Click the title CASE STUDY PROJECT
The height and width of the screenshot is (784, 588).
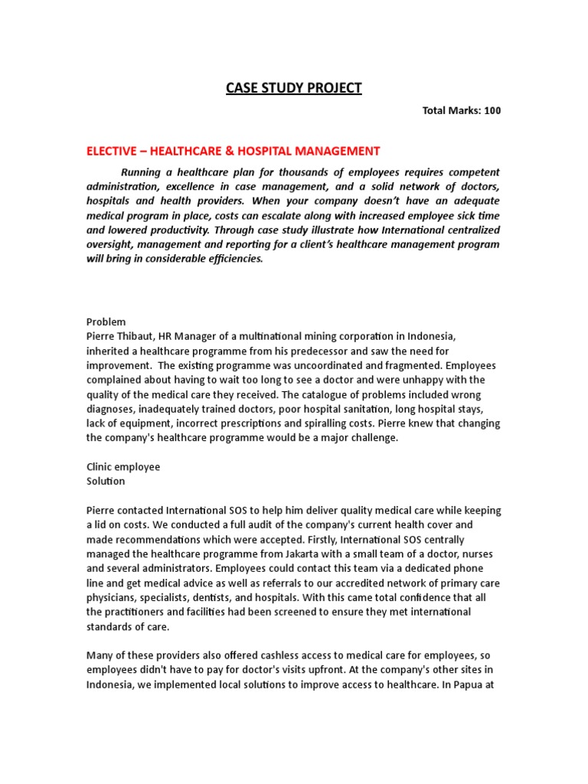293,88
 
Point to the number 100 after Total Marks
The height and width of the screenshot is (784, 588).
492,111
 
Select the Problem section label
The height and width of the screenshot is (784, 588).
106,322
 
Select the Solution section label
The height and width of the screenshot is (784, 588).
106,482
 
